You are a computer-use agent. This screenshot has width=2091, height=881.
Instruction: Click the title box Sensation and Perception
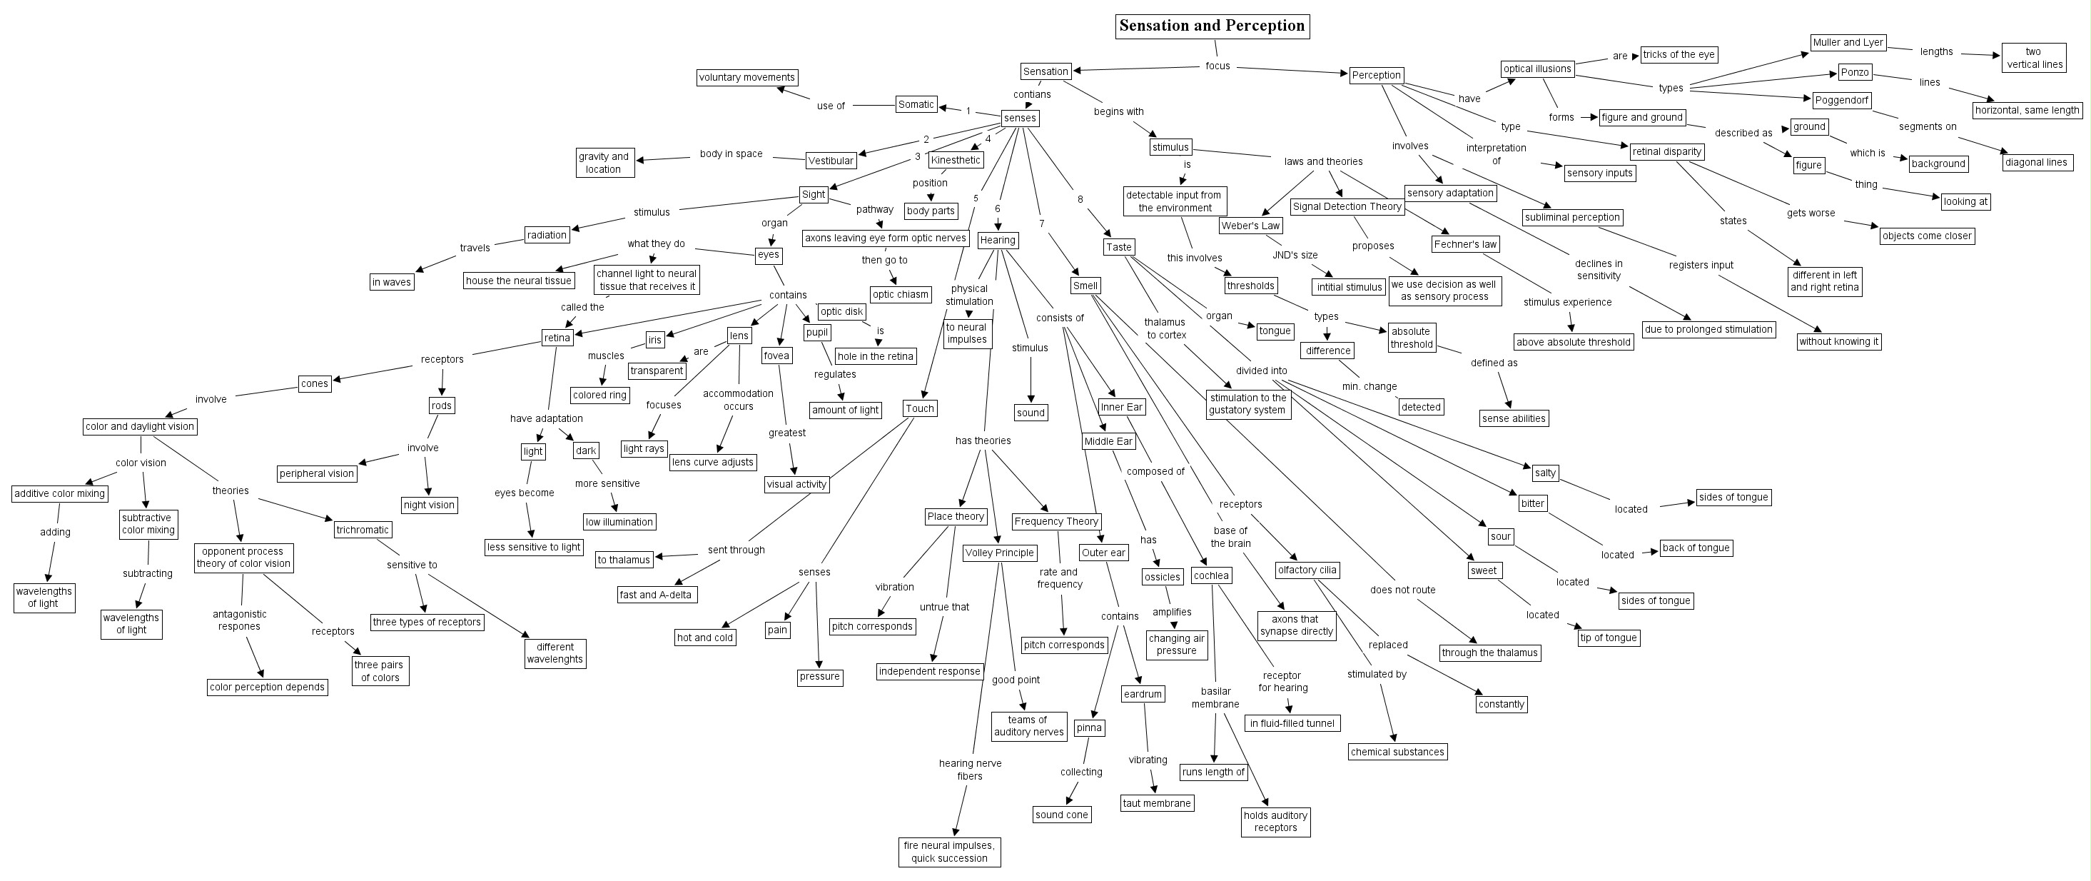(1212, 26)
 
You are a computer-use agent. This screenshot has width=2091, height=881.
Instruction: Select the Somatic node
(916, 104)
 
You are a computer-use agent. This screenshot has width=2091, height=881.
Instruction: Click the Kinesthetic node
(956, 160)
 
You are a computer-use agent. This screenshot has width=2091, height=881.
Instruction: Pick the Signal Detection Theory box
(1347, 206)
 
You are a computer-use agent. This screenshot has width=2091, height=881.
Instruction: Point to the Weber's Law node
(1250, 226)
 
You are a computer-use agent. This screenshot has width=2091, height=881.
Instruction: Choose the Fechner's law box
(1465, 243)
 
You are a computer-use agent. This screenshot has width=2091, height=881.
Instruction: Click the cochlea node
(1211, 575)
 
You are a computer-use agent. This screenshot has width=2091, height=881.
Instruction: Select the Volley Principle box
(999, 553)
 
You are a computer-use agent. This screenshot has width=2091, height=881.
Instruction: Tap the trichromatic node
(363, 530)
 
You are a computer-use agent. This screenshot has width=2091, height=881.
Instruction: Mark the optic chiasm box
(900, 294)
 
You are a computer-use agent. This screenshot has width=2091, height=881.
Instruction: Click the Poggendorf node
(1842, 100)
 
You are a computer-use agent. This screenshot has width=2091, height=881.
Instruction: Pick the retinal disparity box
(1666, 151)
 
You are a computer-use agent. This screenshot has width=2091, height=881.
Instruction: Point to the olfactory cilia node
(1307, 570)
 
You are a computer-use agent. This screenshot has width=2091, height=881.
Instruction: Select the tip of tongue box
(1609, 638)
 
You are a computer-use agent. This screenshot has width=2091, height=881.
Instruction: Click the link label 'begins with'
(1118, 111)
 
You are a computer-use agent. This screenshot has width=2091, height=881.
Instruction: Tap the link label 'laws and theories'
(1323, 161)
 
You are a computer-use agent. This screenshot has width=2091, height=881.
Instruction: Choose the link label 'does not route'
(1402, 590)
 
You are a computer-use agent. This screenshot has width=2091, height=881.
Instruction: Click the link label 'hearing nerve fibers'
(970, 770)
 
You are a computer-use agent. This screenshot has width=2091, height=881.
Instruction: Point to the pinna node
(1089, 728)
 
